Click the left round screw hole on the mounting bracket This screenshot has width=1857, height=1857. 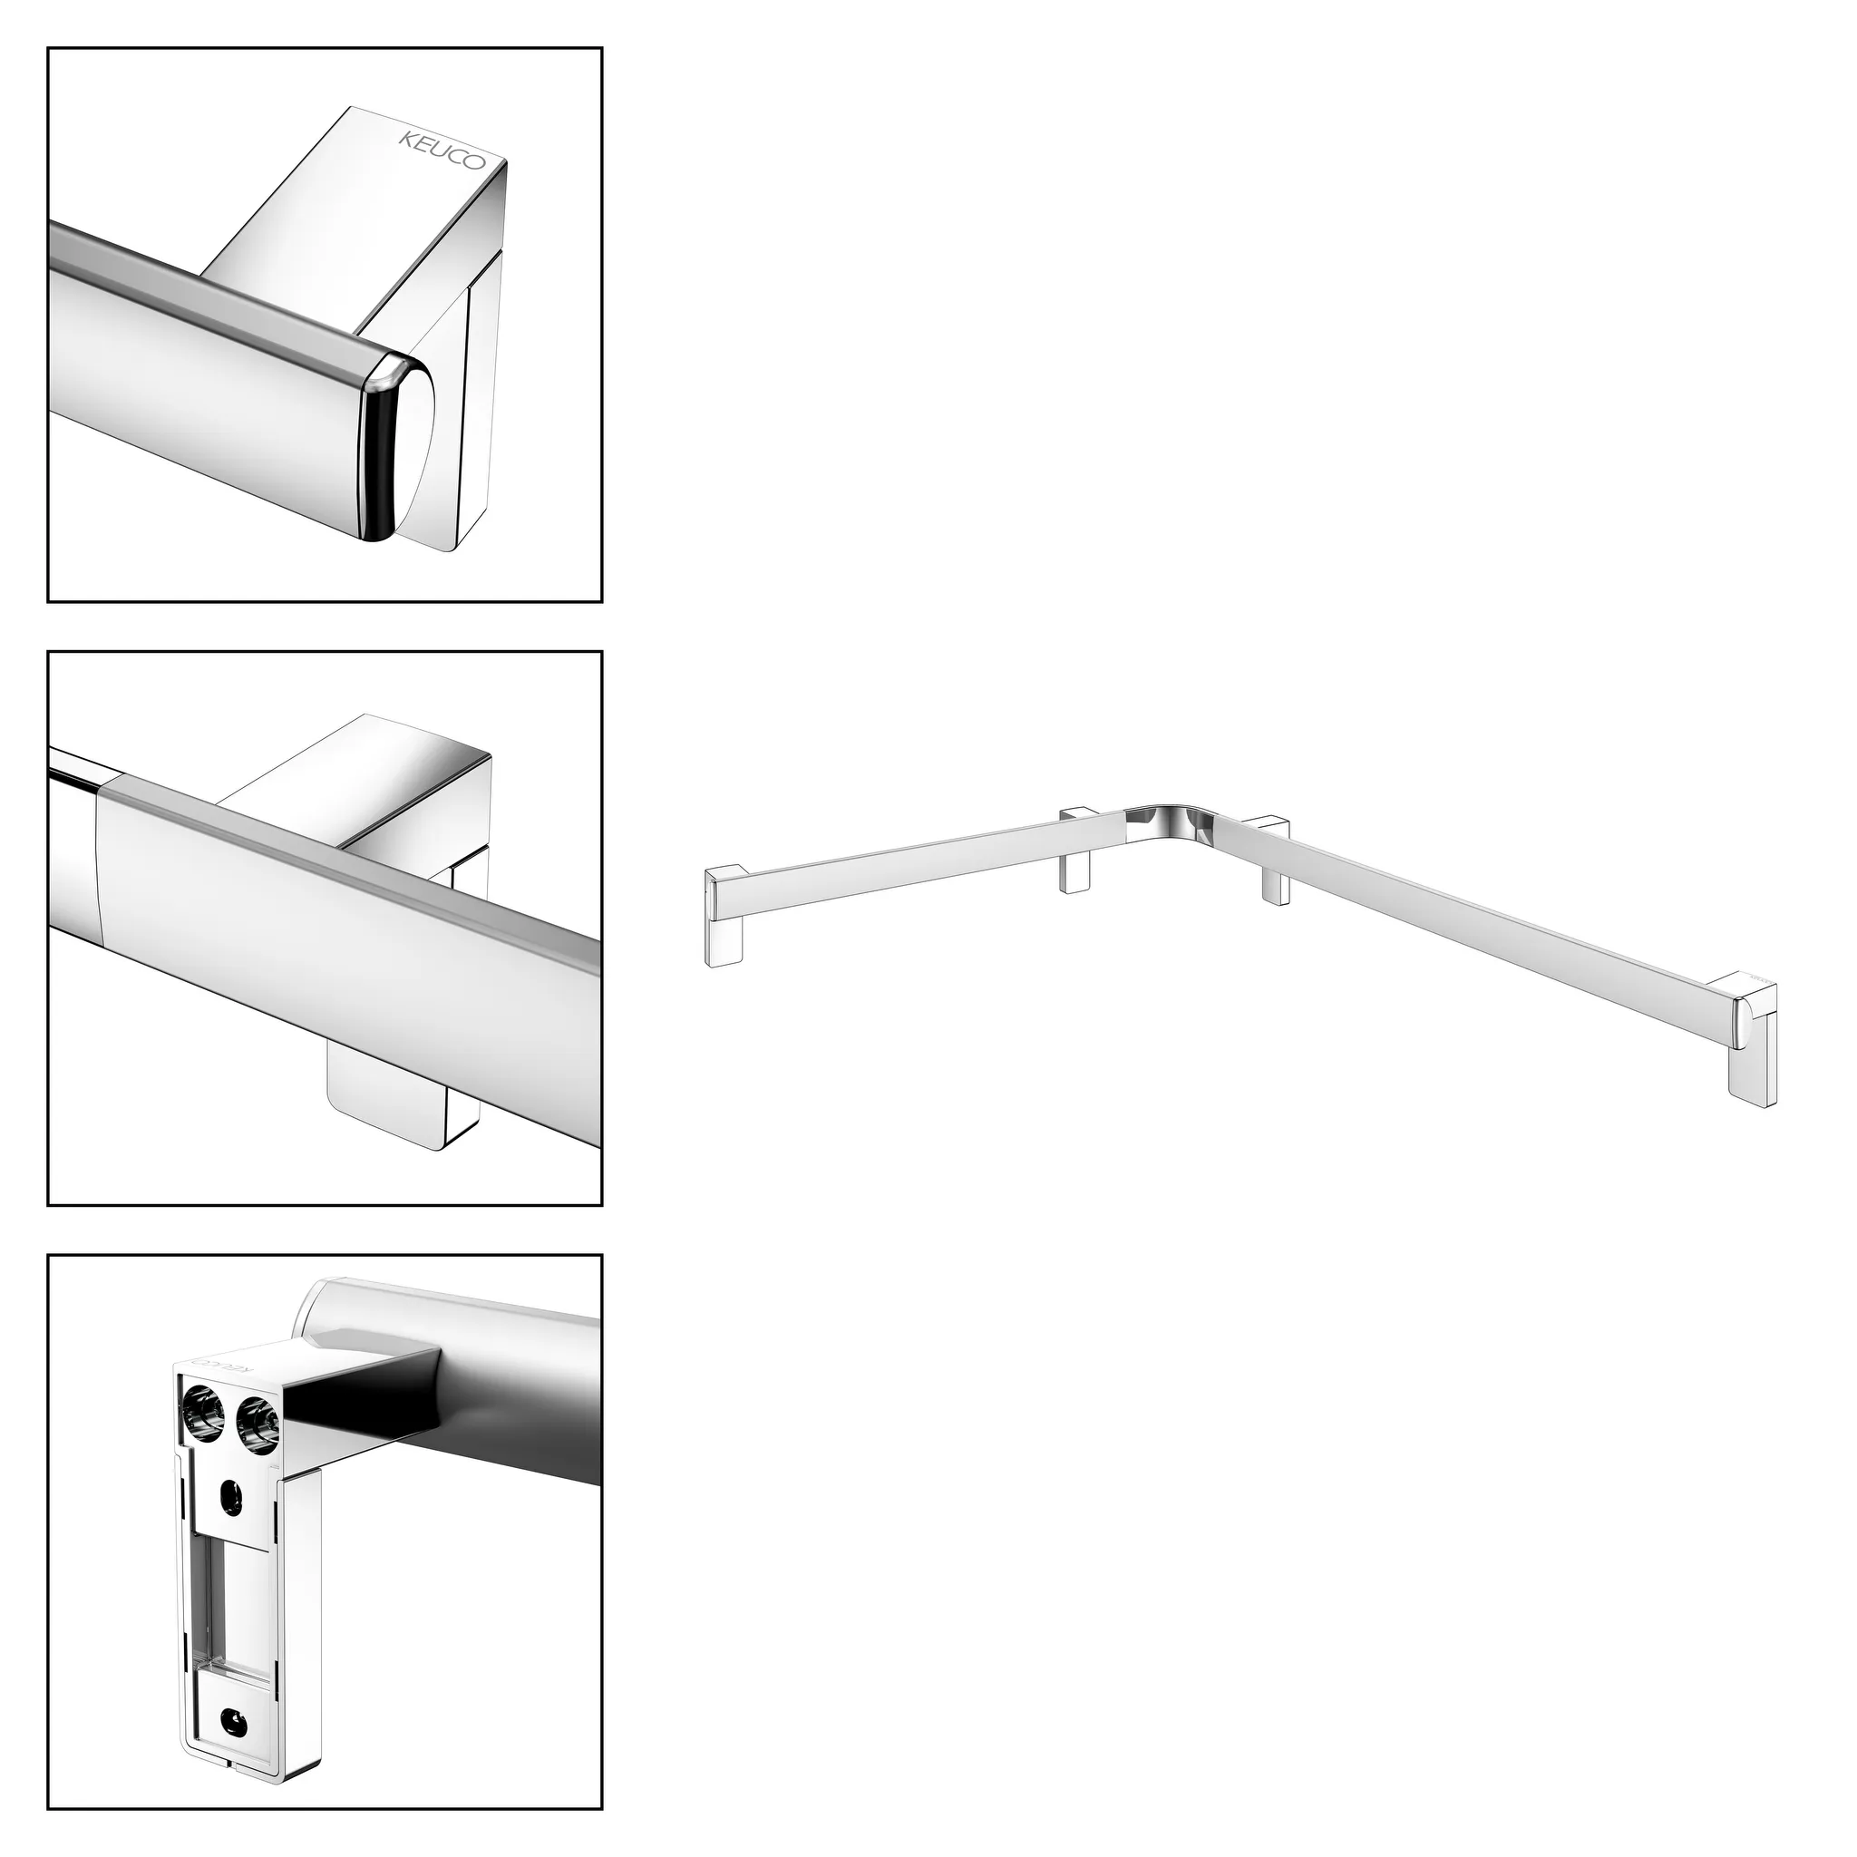202,1418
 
